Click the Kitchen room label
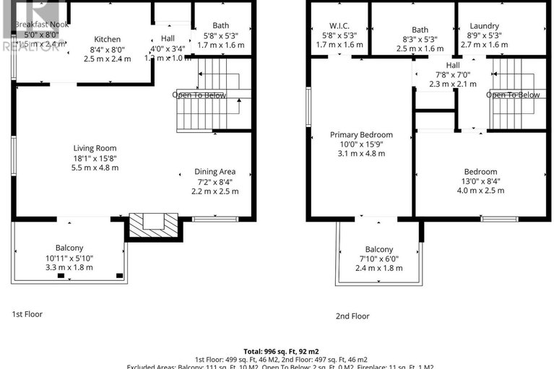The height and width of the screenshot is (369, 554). coord(108,39)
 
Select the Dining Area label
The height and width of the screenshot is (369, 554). coord(215,171)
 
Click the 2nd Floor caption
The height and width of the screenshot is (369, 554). coord(352,316)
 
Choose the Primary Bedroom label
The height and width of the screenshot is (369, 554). coord(361,134)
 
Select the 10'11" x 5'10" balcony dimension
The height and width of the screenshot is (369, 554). coord(69,258)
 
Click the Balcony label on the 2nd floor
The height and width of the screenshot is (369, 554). coord(379,249)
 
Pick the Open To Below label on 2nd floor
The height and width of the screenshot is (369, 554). coord(513,95)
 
